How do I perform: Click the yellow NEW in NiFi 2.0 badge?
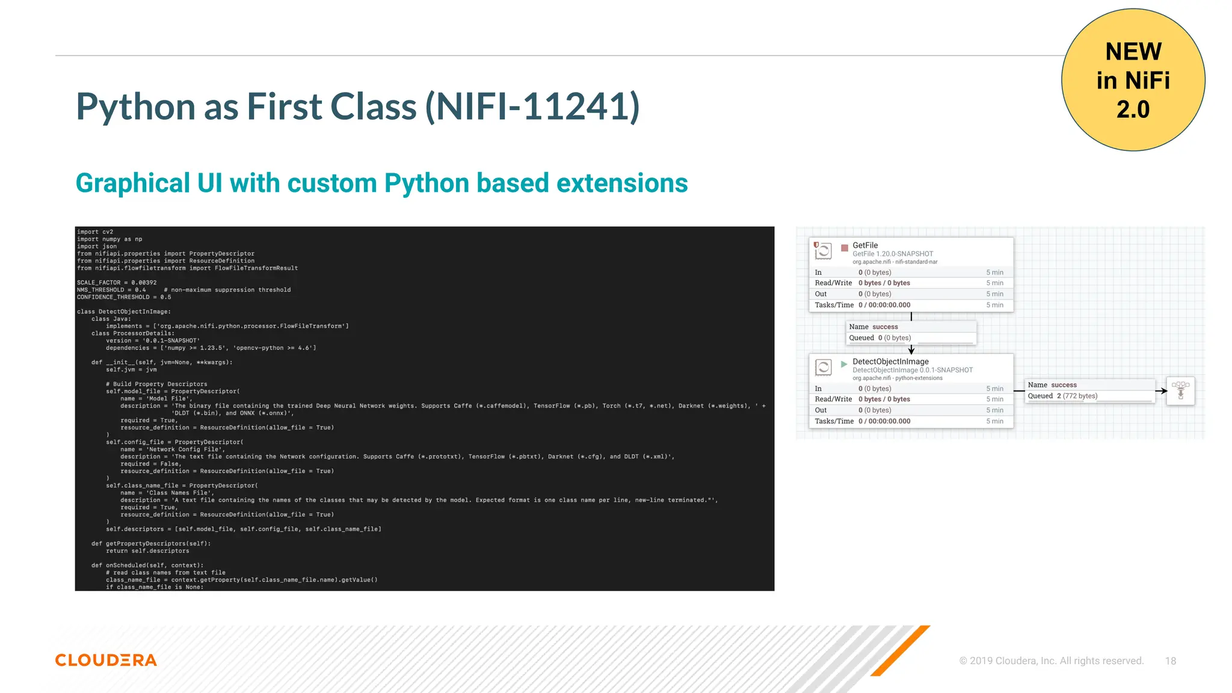[x=1133, y=80]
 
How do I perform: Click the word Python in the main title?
[x=136, y=107]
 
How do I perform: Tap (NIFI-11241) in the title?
[x=532, y=107]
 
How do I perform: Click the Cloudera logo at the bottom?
[x=106, y=660]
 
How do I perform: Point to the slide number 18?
[x=1170, y=661]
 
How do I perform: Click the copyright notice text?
[x=1051, y=661]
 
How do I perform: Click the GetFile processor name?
[x=865, y=245]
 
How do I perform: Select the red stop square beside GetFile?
[x=845, y=248]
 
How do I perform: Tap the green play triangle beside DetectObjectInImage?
[x=844, y=364]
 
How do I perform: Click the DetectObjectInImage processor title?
[x=890, y=362]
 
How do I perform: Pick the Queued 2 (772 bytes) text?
[x=1062, y=396]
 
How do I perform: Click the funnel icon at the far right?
[x=1180, y=390]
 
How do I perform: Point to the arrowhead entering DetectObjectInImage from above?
[x=911, y=350]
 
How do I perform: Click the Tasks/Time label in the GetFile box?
[x=834, y=305]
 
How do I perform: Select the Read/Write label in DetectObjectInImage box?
[x=833, y=399]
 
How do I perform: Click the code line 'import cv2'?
[x=95, y=232]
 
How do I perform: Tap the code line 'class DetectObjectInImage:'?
[x=124, y=312]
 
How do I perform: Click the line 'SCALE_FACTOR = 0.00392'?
[x=117, y=283]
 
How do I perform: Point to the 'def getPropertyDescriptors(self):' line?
[x=151, y=544]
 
